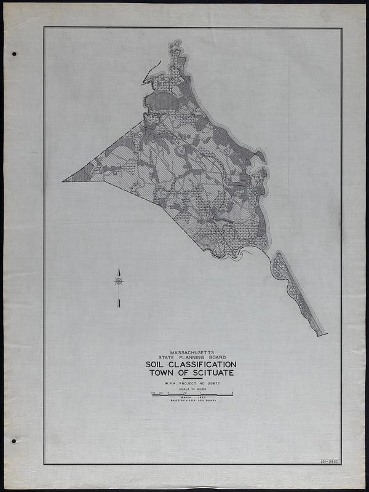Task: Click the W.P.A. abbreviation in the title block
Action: click(173, 384)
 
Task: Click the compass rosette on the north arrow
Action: click(119, 281)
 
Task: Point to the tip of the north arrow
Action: click(119, 269)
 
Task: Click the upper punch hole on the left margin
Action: click(14, 54)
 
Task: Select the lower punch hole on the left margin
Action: click(14, 440)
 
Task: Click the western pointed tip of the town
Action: click(63, 181)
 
